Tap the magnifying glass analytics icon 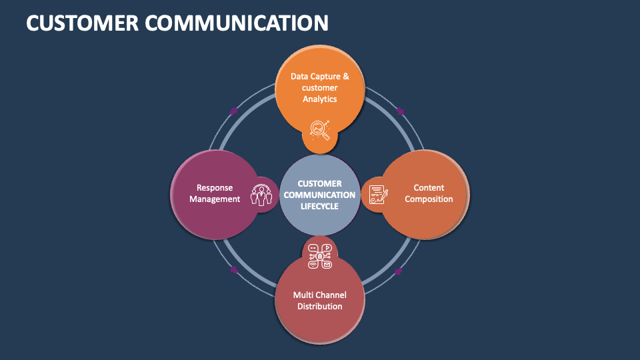320,129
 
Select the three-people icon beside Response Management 261,194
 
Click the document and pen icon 378,195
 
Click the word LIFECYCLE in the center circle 320,207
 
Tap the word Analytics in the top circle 320,99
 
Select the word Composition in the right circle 429,199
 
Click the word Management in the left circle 215,199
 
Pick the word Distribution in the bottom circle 320,307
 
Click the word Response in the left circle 215,188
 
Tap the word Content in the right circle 429,188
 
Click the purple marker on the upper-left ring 233,111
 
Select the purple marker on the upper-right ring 400,111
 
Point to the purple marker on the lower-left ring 233,270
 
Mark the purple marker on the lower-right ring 399,271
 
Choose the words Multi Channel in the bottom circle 320,295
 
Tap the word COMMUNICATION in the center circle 320,195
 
